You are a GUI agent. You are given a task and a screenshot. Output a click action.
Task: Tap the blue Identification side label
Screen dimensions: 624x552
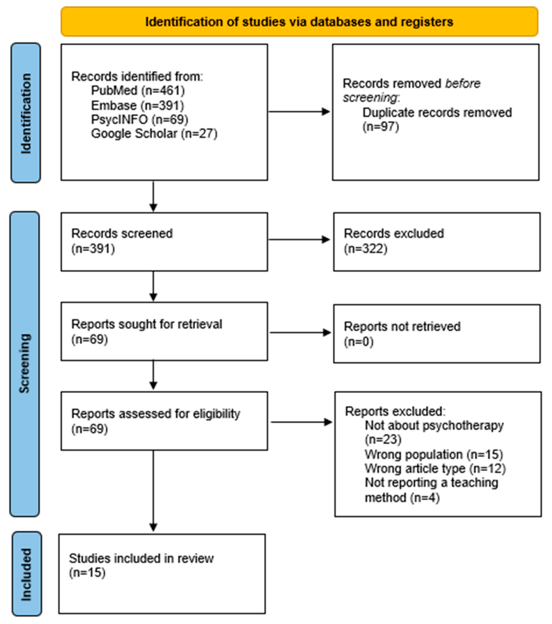point(26,113)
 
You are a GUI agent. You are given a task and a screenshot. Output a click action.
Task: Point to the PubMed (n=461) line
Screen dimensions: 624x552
point(138,91)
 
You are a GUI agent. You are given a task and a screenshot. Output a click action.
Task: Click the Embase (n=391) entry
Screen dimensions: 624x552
point(138,105)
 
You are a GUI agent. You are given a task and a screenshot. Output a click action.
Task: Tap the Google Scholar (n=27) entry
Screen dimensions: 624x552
point(154,134)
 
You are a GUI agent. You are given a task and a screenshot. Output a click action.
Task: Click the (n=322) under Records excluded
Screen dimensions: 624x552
point(365,249)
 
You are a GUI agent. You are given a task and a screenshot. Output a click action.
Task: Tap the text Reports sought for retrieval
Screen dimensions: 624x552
point(147,324)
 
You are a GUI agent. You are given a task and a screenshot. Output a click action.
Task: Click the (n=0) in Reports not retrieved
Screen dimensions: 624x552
point(359,342)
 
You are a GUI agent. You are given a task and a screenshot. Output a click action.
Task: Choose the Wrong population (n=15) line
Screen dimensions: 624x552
point(434,455)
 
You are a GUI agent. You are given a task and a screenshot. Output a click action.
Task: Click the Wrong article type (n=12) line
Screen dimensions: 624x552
point(435,469)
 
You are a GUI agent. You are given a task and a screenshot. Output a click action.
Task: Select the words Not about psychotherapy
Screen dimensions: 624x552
point(434,425)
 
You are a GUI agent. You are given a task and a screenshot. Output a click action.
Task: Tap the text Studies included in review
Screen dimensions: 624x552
point(141,558)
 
